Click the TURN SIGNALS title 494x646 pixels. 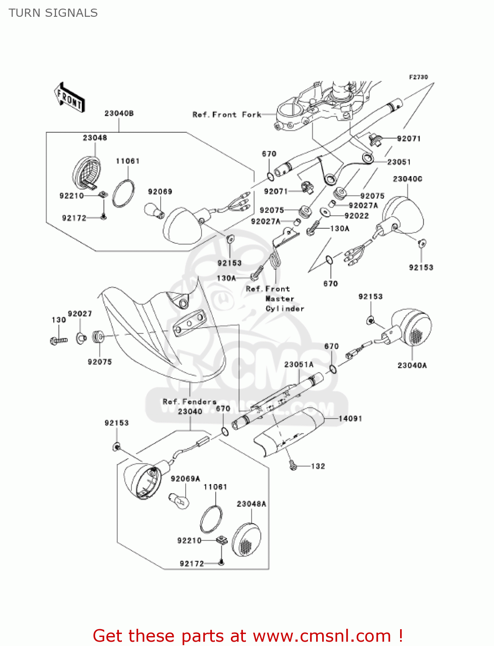tap(53, 13)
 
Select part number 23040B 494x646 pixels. tap(119, 114)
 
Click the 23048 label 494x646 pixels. tap(95, 138)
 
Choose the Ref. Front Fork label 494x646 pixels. tap(227, 115)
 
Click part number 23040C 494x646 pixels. tap(407, 179)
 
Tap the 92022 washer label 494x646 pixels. tap(357, 216)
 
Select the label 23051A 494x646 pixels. tap(299, 364)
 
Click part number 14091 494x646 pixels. tap(350, 418)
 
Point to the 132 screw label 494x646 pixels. tap(318, 466)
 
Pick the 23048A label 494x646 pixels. tap(252, 504)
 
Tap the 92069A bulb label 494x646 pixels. tap(186, 478)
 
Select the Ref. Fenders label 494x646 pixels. tap(190, 401)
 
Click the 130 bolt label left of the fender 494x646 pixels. tap(59, 320)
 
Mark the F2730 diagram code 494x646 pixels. tap(418, 77)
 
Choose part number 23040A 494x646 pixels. tap(412, 365)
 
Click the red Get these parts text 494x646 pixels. tap(248, 636)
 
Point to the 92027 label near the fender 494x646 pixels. tap(80, 314)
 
